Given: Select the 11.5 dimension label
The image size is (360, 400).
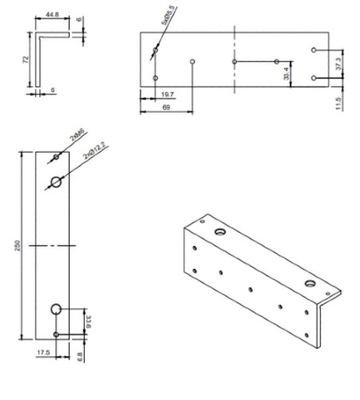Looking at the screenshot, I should (339, 103).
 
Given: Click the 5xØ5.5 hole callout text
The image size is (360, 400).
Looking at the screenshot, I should (169, 15).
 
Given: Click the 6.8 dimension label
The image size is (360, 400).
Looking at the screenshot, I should (82, 354).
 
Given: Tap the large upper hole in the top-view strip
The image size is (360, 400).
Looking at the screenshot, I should (56, 182).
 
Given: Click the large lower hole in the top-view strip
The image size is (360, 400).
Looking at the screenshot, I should (56, 309).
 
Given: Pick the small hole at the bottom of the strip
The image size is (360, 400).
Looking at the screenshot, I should (56, 334).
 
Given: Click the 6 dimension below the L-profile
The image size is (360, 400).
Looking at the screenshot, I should (53, 90).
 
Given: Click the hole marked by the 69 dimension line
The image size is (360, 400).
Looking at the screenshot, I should (194, 61).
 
